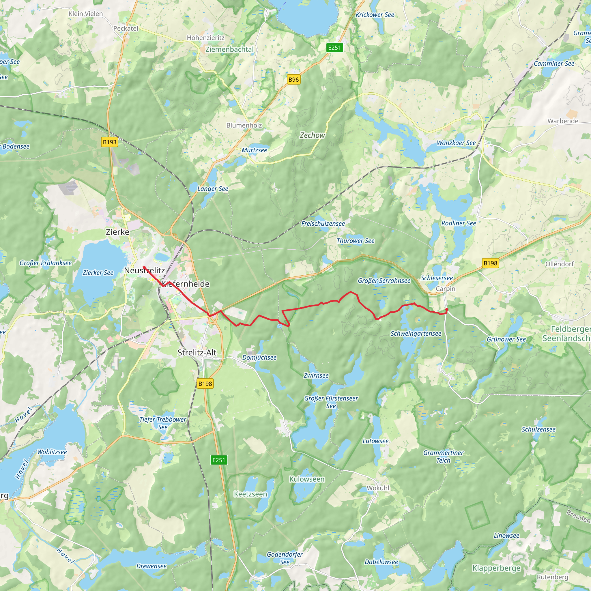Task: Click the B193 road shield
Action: click(109, 142)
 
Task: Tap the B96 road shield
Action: click(293, 80)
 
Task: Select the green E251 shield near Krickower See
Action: click(334, 48)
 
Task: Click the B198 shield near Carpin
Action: click(490, 263)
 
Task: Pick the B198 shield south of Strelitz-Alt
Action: click(205, 384)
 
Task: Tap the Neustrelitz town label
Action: click(144, 270)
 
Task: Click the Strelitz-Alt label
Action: click(197, 352)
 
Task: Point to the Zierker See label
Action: click(98, 272)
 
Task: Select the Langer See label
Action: click(213, 189)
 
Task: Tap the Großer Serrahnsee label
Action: click(384, 281)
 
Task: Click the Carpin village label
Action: click(445, 289)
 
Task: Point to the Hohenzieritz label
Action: click(205, 38)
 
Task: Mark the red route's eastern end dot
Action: click(447, 310)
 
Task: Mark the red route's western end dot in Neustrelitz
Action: click(144, 267)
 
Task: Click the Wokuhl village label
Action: click(378, 488)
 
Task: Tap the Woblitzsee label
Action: click(52, 452)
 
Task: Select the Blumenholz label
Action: click(244, 125)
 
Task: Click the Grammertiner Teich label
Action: click(443, 457)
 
